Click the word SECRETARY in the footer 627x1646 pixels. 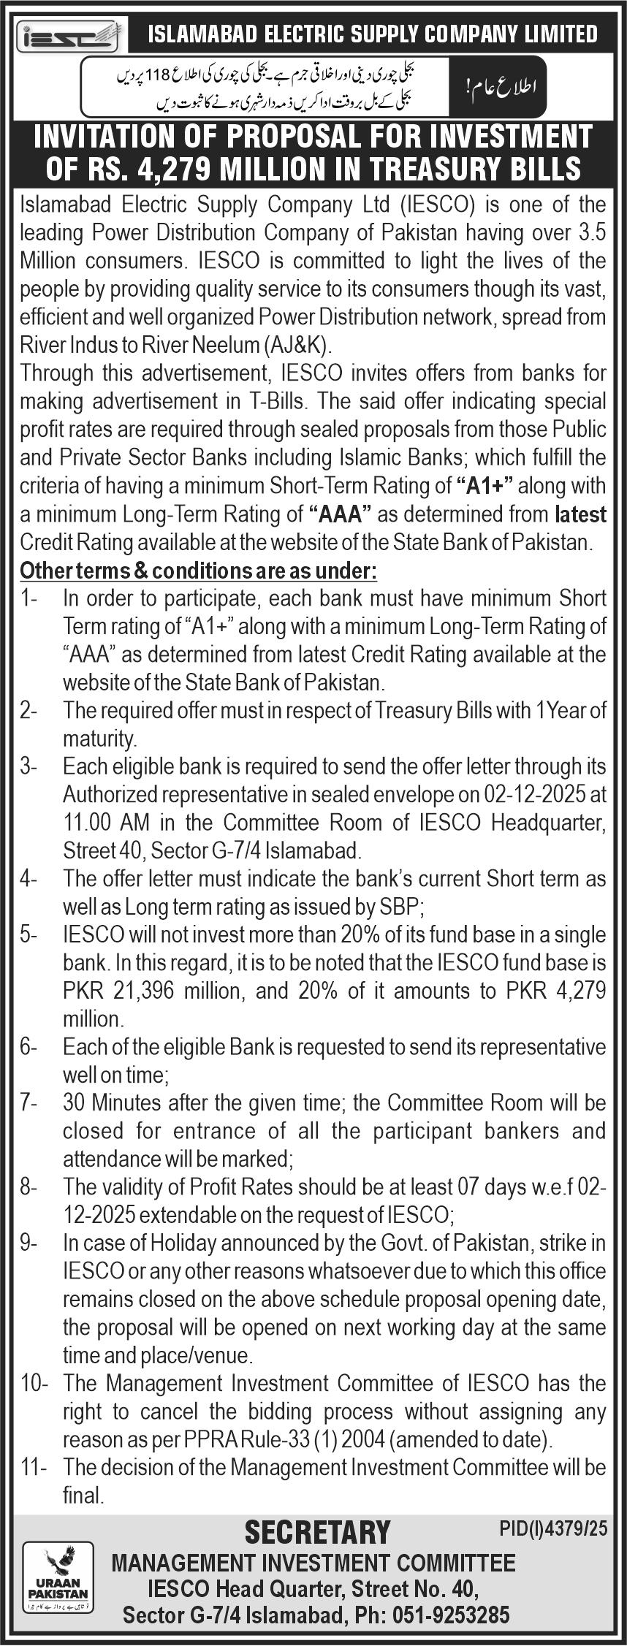pyautogui.click(x=317, y=1532)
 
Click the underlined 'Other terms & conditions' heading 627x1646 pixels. pyautogui.click(x=198, y=571)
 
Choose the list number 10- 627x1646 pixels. pyautogui.click(x=34, y=1383)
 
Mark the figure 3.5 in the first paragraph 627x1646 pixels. pyautogui.click(x=588, y=233)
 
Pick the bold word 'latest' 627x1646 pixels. pyautogui.click(x=581, y=515)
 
